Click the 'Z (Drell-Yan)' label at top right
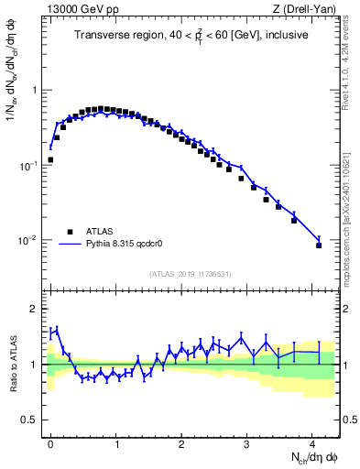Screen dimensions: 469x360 tap(310, 10)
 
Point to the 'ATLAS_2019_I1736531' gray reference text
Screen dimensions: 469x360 tap(191, 274)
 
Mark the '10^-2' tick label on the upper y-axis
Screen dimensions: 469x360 tap(30, 240)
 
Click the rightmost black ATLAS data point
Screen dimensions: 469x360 tap(319, 245)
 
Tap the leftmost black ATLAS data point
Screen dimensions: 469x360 tap(50, 159)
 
